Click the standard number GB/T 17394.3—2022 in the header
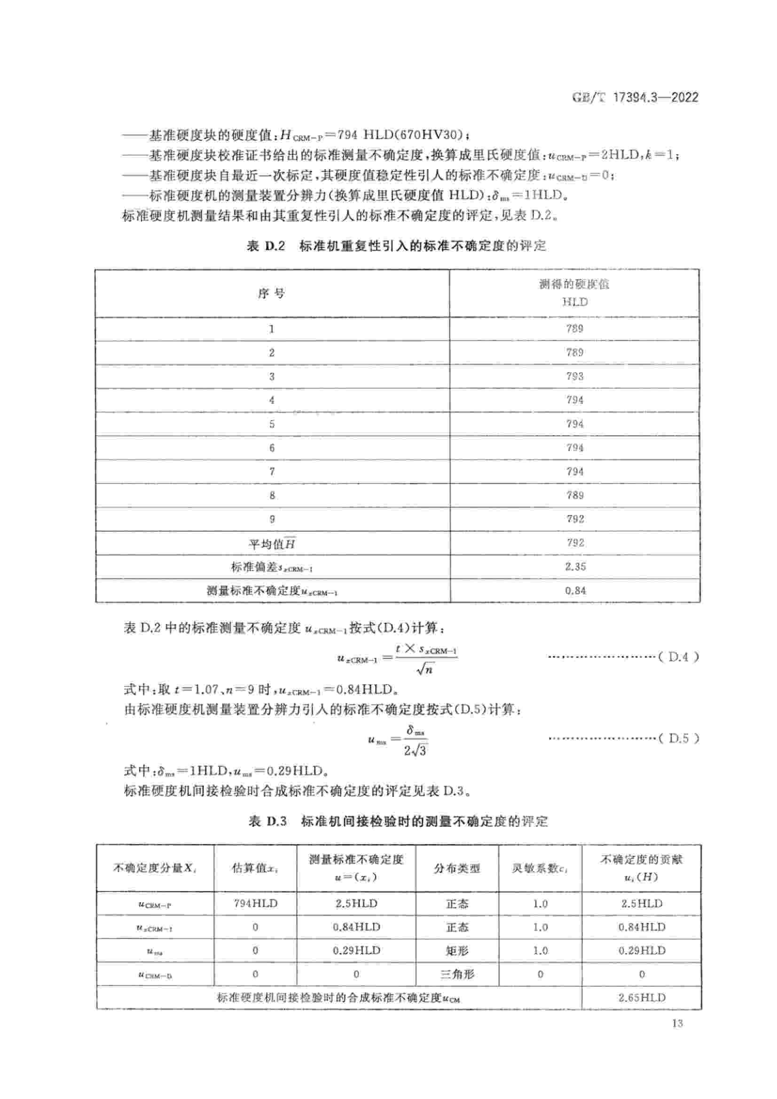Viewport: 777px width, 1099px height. pos(635,98)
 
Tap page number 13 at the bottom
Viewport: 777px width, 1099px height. pos(677,1023)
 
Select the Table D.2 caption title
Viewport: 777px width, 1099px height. pos(396,246)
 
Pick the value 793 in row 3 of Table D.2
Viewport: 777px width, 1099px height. pos(574,376)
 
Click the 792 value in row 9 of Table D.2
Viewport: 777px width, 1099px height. pos(574,519)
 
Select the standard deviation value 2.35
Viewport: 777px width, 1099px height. pos(575,567)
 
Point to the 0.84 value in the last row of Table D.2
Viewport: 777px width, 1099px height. pos(575,591)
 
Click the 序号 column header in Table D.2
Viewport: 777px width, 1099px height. pos(271,293)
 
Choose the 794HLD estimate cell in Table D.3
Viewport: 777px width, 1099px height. pos(255,903)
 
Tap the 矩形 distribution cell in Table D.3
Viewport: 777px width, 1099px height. pos(457,950)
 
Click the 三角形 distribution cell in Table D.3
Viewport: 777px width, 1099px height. pos(457,974)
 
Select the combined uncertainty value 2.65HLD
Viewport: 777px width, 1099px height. pos(642,998)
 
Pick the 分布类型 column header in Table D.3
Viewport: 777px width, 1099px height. pos(457,868)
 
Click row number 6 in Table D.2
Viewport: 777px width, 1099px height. pos(271,448)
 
